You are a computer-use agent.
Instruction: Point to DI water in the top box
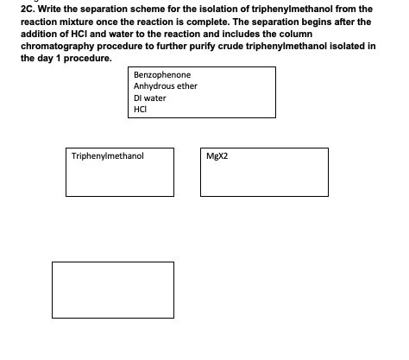click(150, 98)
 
